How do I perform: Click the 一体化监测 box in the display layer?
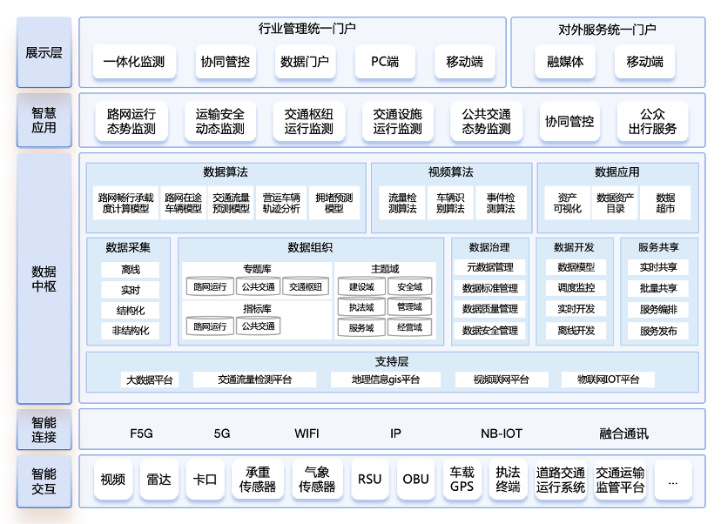pyautogui.click(x=134, y=62)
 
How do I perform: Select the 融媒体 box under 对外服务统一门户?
pyautogui.click(x=565, y=62)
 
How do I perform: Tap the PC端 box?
pyautogui.click(x=385, y=62)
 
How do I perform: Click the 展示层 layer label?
pyautogui.click(x=44, y=52)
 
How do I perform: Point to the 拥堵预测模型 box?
pyautogui.click(x=334, y=203)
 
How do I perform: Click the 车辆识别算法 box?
pyautogui.click(x=451, y=203)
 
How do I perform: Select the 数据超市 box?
pyautogui.click(x=665, y=203)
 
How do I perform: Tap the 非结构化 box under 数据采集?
pyautogui.click(x=131, y=331)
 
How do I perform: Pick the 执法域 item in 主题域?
pyautogui.click(x=360, y=307)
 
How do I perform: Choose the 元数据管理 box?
pyautogui.click(x=490, y=267)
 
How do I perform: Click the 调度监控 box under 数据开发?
pyautogui.click(x=576, y=288)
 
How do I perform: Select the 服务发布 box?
pyautogui.click(x=658, y=331)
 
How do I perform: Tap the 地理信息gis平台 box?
pyautogui.click(x=386, y=380)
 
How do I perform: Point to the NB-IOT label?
pyautogui.click(x=502, y=433)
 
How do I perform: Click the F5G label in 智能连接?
pyautogui.click(x=141, y=433)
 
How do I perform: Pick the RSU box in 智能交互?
pyautogui.click(x=369, y=479)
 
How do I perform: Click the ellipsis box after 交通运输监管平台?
pyautogui.click(x=673, y=479)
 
